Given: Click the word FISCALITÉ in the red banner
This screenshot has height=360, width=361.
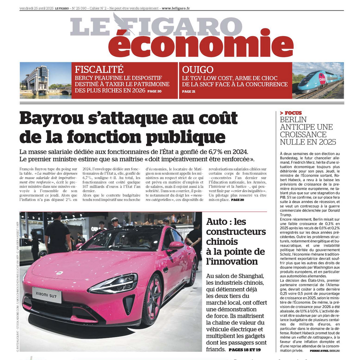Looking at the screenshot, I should (99, 69).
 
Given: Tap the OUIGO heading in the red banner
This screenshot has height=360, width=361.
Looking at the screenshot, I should (198, 69).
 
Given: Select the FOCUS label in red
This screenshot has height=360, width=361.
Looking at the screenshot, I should (292, 113).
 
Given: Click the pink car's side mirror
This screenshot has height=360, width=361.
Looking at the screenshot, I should (176, 246).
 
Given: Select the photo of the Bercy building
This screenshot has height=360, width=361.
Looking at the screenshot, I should (45, 80).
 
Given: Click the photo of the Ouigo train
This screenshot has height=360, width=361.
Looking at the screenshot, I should (318, 80).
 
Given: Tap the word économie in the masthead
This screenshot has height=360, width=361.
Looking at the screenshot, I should (195, 42).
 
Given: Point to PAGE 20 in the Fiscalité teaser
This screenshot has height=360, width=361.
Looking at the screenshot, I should (154, 91).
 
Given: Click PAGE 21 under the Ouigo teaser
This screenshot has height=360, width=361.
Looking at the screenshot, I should (189, 92).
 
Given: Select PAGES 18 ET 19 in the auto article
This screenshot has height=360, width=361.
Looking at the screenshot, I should (245, 349).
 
